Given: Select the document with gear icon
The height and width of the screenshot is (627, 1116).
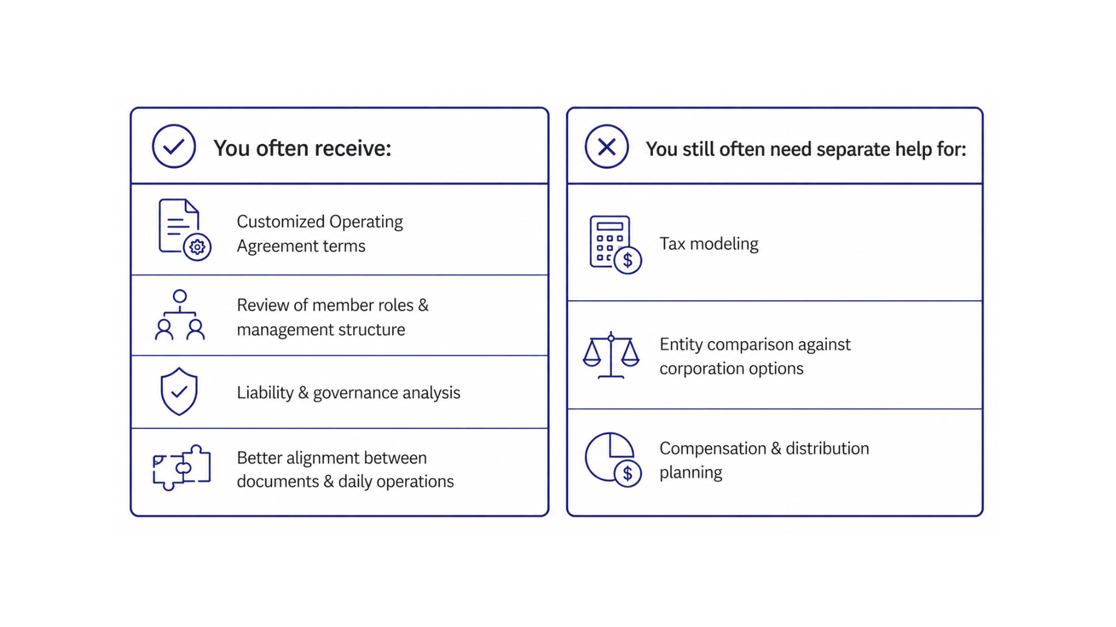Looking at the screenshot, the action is pyautogui.click(x=184, y=230).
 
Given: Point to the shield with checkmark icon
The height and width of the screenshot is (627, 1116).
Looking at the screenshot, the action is pyautogui.click(x=179, y=392).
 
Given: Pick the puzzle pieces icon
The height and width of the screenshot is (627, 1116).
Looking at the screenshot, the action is pyautogui.click(x=181, y=467).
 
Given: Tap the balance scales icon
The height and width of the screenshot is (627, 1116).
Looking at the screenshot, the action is pyautogui.click(x=611, y=355).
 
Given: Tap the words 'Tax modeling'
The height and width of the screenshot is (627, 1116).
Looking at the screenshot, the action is pyautogui.click(x=708, y=244).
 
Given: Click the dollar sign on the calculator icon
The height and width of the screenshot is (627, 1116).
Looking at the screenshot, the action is pyautogui.click(x=628, y=260).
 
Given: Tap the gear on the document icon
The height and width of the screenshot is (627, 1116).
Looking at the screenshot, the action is pyautogui.click(x=197, y=247).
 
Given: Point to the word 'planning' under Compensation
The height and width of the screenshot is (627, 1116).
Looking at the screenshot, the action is pyautogui.click(x=690, y=472).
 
